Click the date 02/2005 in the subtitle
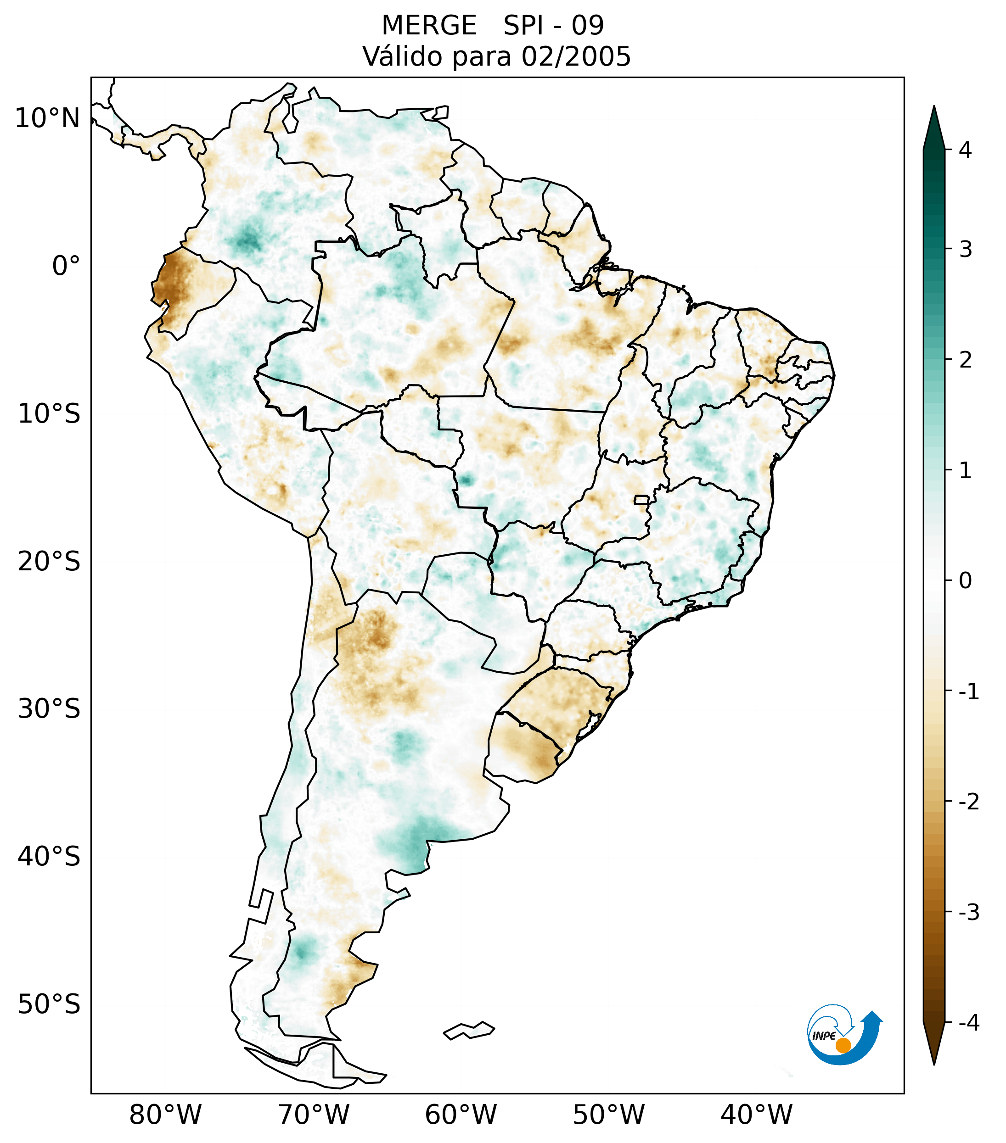(x=576, y=56)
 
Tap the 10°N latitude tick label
(x=48, y=118)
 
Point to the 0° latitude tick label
(x=66, y=266)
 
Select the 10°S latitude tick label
(x=49, y=414)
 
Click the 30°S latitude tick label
(x=49, y=709)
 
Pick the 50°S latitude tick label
(x=49, y=1004)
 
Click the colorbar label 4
(x=965, y=150)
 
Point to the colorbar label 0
(x=965, y=580)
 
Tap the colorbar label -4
(x=968, y=1023)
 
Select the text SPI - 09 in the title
(x=553, y=26)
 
